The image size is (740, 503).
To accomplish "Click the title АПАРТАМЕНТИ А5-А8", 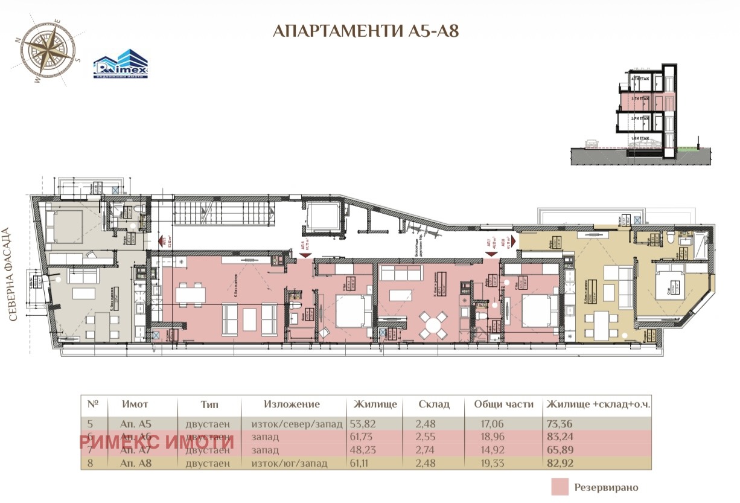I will tap(370, 31).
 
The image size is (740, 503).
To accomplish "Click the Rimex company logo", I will tap(120, 64).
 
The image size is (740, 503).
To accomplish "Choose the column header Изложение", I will tap(292, 405).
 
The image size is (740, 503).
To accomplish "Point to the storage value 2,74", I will tap(427, 450).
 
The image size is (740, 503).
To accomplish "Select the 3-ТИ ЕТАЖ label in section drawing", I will tap(640, 98).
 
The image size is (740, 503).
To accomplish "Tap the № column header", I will tap(93, 405).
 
